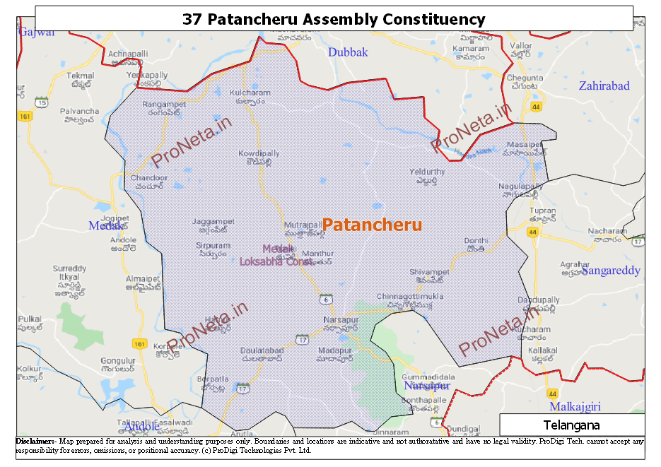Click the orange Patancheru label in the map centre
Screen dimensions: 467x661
372,225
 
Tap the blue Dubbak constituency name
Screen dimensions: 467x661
348,52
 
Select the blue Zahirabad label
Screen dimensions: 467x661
604,86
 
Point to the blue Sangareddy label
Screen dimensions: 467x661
610,271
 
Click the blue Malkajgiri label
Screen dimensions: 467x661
575,407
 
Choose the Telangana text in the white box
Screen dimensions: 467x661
571,425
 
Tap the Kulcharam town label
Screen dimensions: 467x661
250,93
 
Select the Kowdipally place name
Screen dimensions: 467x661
259,153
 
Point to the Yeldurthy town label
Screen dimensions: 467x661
427,172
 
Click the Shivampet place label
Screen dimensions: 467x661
429,272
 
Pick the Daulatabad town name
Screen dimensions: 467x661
262,350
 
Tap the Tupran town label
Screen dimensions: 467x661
542,211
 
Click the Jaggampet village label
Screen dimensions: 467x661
213,222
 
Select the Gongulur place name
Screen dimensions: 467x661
118,361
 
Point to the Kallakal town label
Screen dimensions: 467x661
542,350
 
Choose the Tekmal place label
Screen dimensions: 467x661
79,76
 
